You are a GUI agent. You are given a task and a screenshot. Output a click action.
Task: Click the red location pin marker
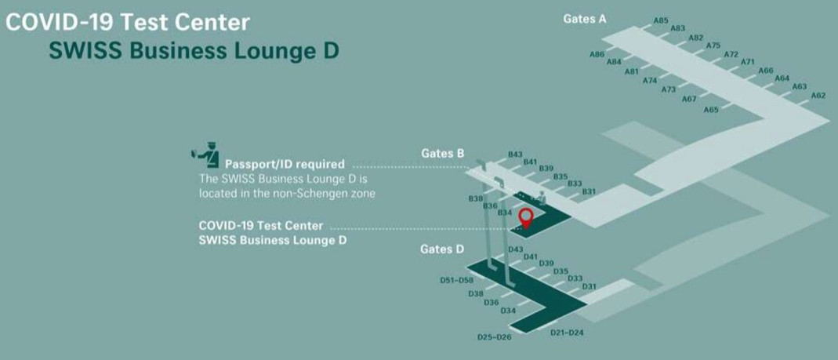[x=526, y=216]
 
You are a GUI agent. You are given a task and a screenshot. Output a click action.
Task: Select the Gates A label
[x=585, y=19]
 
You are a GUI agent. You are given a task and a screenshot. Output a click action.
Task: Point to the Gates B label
[x=443, y=153]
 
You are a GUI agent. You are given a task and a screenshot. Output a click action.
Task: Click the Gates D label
[x=442, y=249]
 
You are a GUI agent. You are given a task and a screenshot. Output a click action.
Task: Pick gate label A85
[x=661, y=20]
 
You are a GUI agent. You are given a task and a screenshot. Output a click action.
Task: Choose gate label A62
[x=818, y=96]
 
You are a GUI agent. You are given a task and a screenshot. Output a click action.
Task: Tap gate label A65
[x=711, y=110]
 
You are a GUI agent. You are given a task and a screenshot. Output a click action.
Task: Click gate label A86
[x=597, y=54]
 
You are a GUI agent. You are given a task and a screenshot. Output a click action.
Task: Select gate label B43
[x=515, y=155]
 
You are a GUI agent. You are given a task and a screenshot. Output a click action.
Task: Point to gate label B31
[x=589, y=191]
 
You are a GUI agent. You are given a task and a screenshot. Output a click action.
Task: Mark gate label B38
[x=476, y=198]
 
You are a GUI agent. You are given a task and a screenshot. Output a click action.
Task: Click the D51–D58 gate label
[x=457, y=280]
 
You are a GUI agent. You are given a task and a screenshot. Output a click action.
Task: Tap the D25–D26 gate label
[x=494, y=337]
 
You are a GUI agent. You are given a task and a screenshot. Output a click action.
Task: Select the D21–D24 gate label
[x=567, y=333]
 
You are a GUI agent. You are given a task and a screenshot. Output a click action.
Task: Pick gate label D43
[x=515, y=249]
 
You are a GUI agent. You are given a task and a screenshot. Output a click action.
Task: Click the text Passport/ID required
[x=285, y=165]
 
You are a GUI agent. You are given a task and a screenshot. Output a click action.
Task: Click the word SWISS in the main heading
[x=85, y=51]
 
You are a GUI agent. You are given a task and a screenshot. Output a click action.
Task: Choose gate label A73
[x=668, y=89]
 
